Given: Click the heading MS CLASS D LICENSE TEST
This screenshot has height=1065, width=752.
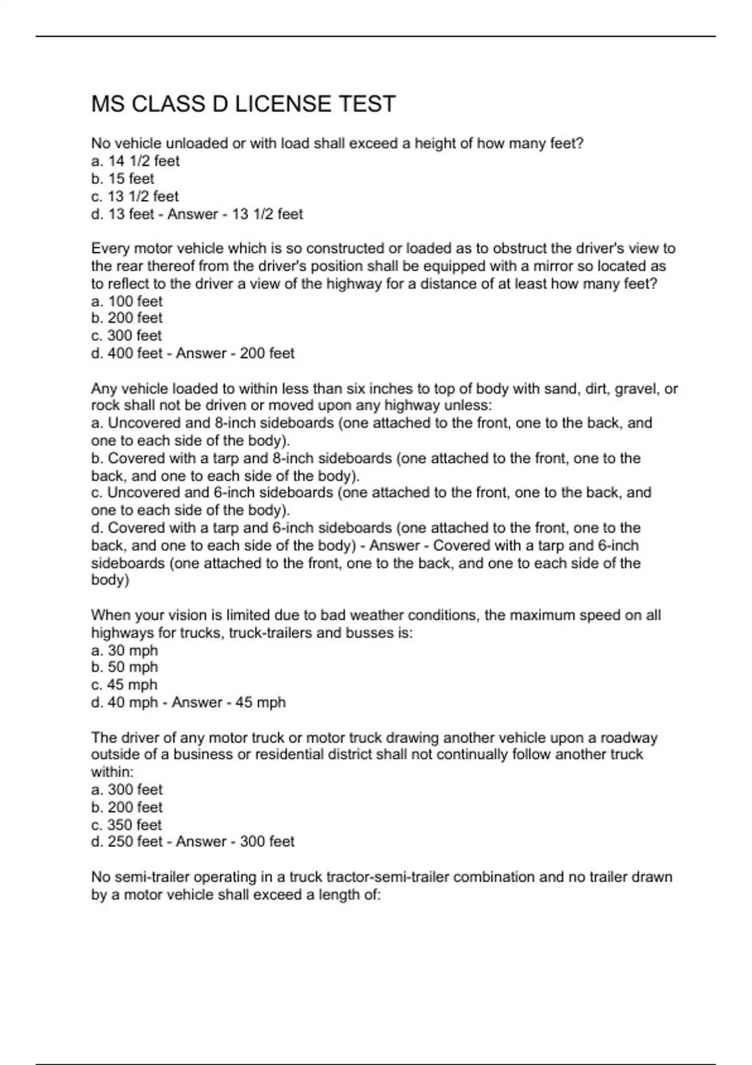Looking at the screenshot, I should click(x=243, y=104).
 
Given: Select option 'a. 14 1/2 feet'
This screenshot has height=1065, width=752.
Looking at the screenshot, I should click(x=135, y=161).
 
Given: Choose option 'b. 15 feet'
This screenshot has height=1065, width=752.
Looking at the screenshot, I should click(x=122, y=179).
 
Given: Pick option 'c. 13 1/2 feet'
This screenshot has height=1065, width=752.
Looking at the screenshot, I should click(x=135, y=196).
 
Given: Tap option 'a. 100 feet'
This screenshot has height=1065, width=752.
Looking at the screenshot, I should click(x=127, y=301).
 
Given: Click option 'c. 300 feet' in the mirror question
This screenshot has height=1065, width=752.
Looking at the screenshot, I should click(x=126, y=336).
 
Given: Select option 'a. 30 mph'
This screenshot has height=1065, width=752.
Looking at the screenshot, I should click(x=124, y=650).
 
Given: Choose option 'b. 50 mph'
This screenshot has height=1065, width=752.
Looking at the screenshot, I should click(x=124, y=667).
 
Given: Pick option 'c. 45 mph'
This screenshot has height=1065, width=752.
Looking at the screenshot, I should click(x=124, y=685).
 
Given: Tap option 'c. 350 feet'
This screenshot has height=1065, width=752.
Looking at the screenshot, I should click(x=126, y=824).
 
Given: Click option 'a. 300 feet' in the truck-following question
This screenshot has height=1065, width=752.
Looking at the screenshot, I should click(x=127, y=789).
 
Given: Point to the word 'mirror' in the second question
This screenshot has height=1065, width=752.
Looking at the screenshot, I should click(x=554, y=266).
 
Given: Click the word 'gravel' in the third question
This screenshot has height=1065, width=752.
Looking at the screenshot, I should click(x=636, y=389).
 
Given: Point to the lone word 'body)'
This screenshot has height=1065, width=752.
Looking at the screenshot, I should click(x=110, y=580).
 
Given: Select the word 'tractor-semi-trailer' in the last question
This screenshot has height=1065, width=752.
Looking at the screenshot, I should click(x=388, y=877).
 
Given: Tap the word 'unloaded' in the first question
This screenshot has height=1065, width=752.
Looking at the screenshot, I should click(x=198, y=143).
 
